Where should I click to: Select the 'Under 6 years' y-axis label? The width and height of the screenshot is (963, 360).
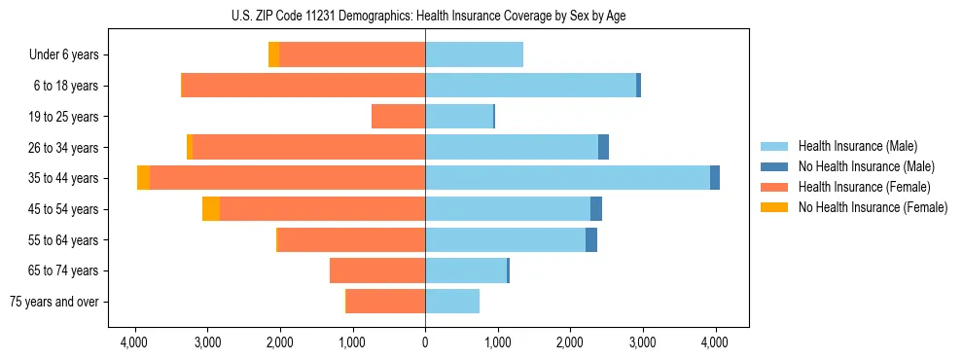coord(64,54)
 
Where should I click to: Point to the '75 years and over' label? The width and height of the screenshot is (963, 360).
coord(54,302)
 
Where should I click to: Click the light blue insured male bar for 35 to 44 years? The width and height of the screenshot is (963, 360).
coord(567,178)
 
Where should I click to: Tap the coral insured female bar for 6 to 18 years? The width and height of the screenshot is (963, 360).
coord(303,86)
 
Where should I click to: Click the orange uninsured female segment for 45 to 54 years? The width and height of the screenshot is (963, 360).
coord(211,209)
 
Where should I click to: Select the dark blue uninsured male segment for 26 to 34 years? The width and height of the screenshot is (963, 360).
coord(603,147)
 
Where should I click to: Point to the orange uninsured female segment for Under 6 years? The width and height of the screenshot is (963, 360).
coord(273,54)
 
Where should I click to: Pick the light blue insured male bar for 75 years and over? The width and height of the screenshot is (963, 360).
coord(452,302)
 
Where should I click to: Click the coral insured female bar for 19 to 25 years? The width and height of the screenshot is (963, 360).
coord(399,117)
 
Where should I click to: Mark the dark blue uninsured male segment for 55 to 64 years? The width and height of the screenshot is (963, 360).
coord(591,239)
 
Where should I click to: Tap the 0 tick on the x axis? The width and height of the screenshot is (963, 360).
coord(425,342)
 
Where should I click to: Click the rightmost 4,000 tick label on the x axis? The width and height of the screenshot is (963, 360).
coord(715,342)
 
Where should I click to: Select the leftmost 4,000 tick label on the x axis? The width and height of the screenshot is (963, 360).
coord(134,342)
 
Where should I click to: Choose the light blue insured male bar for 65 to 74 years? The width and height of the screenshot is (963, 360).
coord(466,270)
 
